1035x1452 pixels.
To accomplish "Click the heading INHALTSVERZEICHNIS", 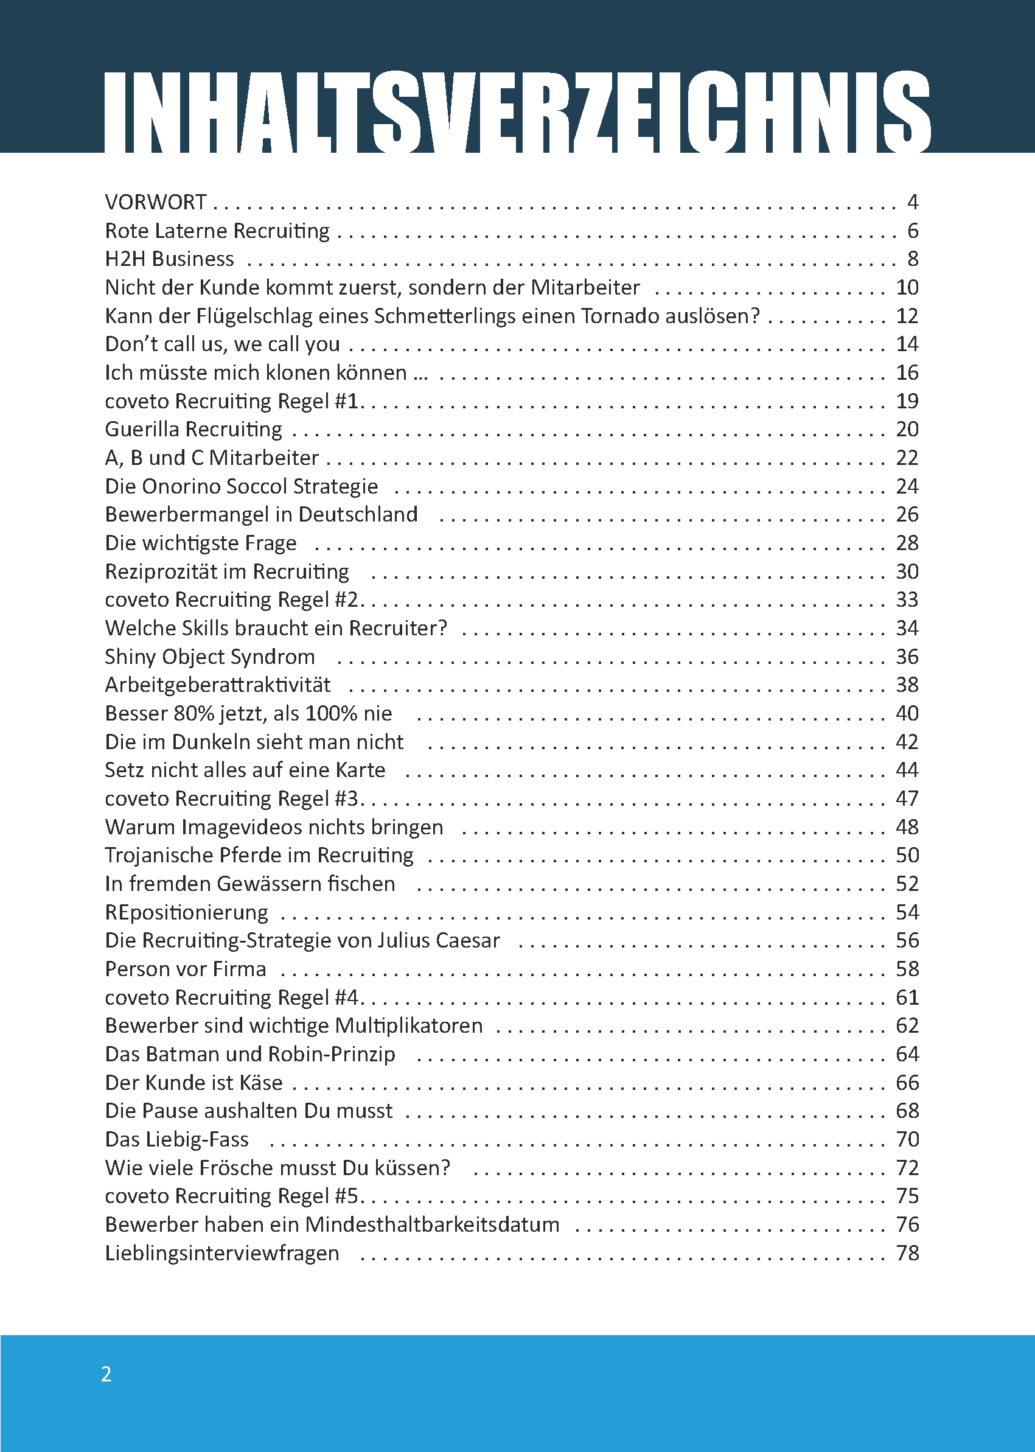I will click(x=517, y=111).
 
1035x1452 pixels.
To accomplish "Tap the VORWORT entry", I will click(x=156, y=202).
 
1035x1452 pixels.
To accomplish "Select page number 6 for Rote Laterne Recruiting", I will click(x=913, y=230).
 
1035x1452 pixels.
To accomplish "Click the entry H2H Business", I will click(x=170, y=259).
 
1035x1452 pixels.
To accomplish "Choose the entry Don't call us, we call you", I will click(x=223, y=344).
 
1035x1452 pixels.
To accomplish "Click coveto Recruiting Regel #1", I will click(x=232, y=401).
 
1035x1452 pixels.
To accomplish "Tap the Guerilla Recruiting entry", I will click(x=193, y=429).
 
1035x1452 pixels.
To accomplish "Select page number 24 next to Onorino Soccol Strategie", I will click(x=907, y=486).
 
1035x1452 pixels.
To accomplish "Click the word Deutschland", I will click(x=358, y=514).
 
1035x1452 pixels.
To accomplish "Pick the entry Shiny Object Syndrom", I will click(x=210, y=657).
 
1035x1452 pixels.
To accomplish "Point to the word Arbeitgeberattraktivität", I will click(x=218, y=685).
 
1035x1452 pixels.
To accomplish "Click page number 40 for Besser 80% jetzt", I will click(x=907, y=713).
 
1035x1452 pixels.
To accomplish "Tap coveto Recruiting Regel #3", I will click(x=232, y=798).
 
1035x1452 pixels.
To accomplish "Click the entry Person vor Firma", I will click(x=186, y=969).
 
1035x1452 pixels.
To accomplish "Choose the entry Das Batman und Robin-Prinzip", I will click(x=250, y=1054).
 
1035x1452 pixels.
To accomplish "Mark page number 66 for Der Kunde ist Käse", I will click(x=907, y=1083).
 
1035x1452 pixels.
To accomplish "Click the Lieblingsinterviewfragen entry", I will click(x=221, y=1253).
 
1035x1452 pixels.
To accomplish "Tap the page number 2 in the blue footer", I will click(x=106, y=1374).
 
